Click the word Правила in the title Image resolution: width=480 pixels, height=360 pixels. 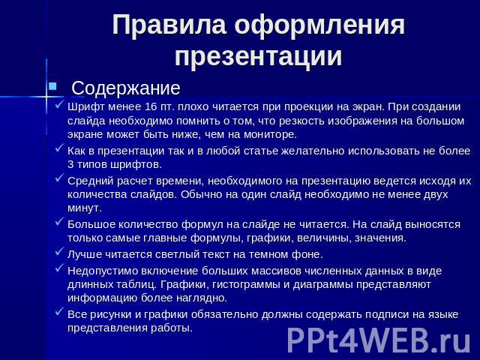(169, 25)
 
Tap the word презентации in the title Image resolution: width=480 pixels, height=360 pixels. (258, 56)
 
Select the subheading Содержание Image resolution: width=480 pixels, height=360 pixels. (126, 88)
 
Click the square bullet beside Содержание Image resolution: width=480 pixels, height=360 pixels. (52, 86)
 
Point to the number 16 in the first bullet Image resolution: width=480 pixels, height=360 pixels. (150, 106)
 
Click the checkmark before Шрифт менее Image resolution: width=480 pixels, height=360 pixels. (59, 104)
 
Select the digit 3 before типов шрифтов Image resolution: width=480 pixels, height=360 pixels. (70, 164)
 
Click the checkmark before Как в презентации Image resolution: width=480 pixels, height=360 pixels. (59, 148)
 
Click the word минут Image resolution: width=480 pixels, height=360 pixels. (84, 208)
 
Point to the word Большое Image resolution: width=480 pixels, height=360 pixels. (91, 224)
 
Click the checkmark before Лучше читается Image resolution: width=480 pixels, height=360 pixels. (59, 252)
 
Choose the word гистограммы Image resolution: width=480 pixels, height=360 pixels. (247, 285)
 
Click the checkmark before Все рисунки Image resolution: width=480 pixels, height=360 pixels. (59, 312)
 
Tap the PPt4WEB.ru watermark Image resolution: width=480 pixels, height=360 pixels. (379, 340)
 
